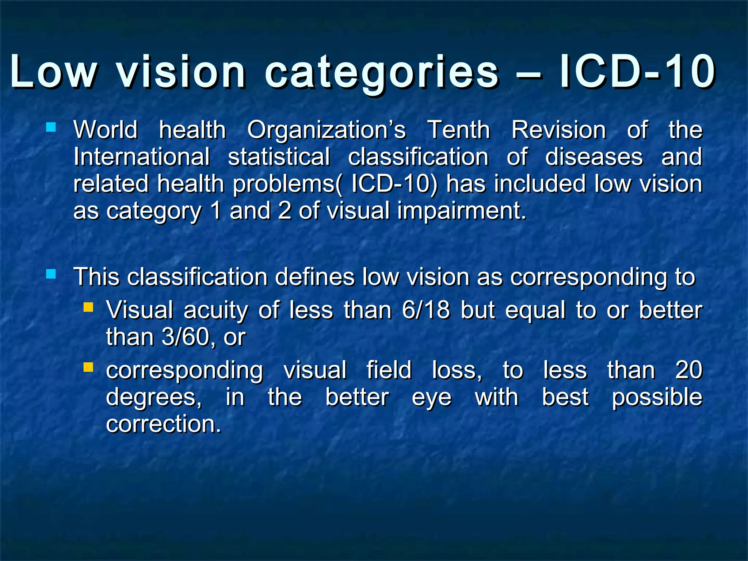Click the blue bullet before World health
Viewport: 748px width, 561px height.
tap(51, 127)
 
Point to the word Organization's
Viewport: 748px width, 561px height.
tap(326, 130)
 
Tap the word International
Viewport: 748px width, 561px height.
tap(141, 157)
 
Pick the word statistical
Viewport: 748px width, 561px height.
tap(279, 157)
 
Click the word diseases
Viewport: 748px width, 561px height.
tap(594, 157)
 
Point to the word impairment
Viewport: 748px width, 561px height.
tap(461, 211)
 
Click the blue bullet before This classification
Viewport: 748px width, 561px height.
tap(51, 274)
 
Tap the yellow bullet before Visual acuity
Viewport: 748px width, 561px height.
tap(88, 307)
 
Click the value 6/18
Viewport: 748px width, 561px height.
tap(426, 310)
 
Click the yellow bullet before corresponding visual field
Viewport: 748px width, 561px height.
tap(88, 367)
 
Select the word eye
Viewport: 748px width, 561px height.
tap(431, 398)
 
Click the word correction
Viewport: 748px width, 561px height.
tap(163, 424)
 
